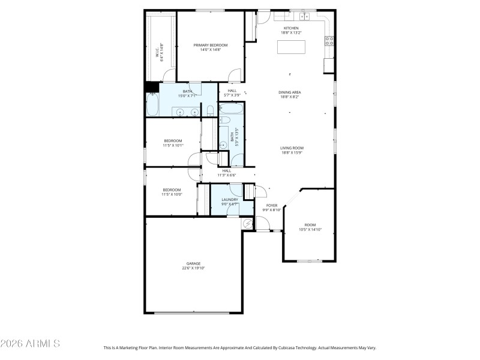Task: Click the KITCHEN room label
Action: tap(292, 28)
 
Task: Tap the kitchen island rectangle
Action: tap(292, 47)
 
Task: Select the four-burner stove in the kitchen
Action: tap(329, 41)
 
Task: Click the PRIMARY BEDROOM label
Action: tap(210, 45)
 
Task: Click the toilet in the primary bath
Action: tap(211, 111)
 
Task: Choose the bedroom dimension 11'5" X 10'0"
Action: tap(172, 194)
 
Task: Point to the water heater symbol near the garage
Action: tap(248, 223)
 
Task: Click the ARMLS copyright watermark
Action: tap(30, 344)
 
